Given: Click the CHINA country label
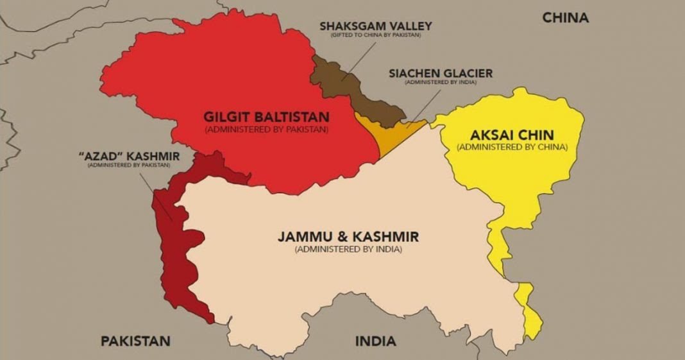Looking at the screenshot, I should point(565,17).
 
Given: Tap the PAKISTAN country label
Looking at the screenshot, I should point(135,340).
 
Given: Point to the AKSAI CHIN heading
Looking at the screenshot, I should point(512,135).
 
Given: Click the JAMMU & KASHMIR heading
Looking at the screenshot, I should point(348,237).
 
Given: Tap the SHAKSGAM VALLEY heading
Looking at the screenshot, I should point(375,26).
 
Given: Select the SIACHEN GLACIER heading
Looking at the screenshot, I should point(441,73).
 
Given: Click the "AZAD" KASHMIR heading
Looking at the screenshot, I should point(129,156).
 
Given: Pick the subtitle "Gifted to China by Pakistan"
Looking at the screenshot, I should point(375,35).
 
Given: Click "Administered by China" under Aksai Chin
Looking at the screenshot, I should point(512,147).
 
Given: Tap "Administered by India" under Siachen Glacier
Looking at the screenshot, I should point(441,82).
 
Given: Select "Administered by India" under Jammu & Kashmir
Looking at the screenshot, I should point(348,248).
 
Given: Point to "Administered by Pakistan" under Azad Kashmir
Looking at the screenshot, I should point(129,165).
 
